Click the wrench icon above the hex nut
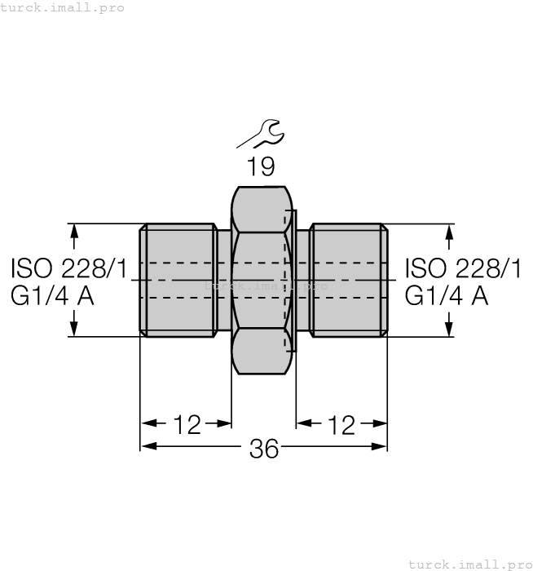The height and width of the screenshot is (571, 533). coord(260,134)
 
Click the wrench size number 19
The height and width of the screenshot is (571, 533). coord(261,167)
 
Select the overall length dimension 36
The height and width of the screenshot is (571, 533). coord(263,448)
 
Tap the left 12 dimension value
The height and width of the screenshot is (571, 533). coord(187,424)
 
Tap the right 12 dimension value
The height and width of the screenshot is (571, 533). coord(341,424)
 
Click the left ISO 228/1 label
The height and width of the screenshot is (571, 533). coord(69,268)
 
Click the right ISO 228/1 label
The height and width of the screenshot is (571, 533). coord(463,268)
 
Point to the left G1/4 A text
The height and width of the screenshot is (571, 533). coord(52,295)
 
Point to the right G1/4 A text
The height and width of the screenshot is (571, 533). coord(447,295)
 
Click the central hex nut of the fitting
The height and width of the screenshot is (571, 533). coord(261,280)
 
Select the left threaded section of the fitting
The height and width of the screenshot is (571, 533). coord(178,280)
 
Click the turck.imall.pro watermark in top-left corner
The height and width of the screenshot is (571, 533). coord(63,7)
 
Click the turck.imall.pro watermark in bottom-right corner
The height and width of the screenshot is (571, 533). coord(469,564)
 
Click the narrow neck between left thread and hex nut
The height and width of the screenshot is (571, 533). coord(224,280)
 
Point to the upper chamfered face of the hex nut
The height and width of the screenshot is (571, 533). coord(261,208)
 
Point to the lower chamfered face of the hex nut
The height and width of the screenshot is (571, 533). coord(261,352)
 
